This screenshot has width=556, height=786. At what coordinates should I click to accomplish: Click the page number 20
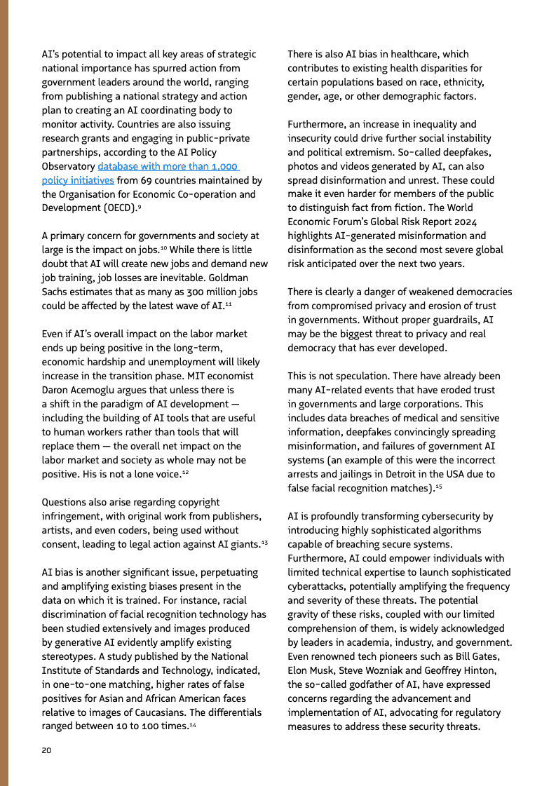click(x=46, y=750)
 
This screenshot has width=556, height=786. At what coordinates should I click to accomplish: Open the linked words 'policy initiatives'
click(x=78, y=180)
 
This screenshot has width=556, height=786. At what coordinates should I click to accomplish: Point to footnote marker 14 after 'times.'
click(x=192, y=725)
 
